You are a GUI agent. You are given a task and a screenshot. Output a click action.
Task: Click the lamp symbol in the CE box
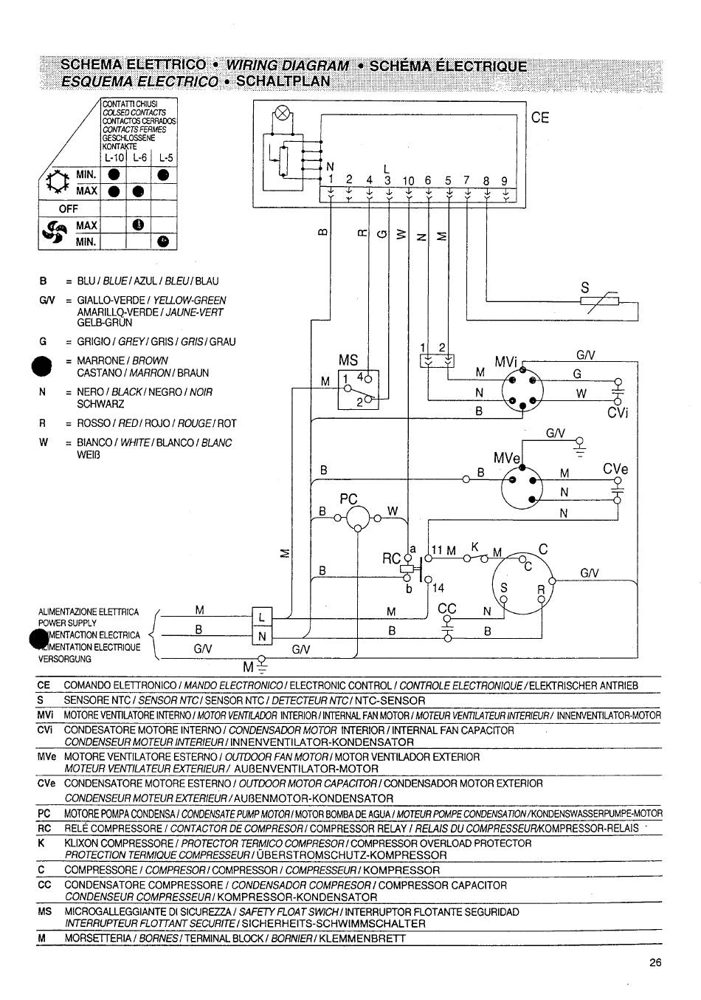(x=282, y=113)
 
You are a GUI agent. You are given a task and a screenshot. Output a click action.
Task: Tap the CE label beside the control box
(x=539, y=118)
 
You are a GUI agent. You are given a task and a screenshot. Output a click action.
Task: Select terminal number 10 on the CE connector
(x=408, y=181)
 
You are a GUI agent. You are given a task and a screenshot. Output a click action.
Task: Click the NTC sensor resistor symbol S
(x=599, y=301)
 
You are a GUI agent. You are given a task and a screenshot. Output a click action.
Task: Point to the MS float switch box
(x=359, y=389)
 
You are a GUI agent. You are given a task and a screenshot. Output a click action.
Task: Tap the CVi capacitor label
(x=618, y=413)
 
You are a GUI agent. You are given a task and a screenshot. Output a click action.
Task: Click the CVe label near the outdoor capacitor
(x=615, y=469)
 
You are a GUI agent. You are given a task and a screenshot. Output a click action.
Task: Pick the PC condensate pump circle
(x=358, y=518)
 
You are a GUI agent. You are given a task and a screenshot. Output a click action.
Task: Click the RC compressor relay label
(x=391, y=558)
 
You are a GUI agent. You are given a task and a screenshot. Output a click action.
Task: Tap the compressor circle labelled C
(x=522, y=583)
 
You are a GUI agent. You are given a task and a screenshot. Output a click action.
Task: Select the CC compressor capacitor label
(x=447, y=608)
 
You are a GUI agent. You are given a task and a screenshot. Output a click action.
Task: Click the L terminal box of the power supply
(x=262, y=617)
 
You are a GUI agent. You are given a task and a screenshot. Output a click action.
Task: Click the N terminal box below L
(x=262, y=635)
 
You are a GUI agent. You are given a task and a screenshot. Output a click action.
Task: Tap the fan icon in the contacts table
(x=55, y=233)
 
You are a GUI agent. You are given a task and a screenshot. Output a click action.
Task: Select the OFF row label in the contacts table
(x=68, y=208)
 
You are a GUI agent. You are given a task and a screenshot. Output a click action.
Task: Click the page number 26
(x=655, y=962)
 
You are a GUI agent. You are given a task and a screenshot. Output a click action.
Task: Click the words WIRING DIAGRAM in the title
(x=288, y=66)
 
